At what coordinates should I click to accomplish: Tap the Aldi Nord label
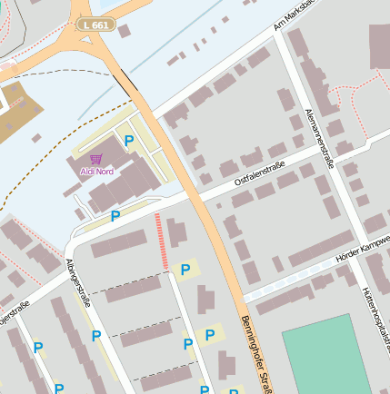[96, 172]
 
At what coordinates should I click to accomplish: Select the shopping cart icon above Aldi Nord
[96, 159]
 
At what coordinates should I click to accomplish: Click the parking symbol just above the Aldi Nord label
[129, 141]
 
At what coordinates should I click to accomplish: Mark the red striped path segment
[161, 241]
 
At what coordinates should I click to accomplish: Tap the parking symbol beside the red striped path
[185, 270]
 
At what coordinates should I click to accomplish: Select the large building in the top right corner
[378, 45]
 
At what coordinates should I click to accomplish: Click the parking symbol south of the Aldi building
[115, 216]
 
